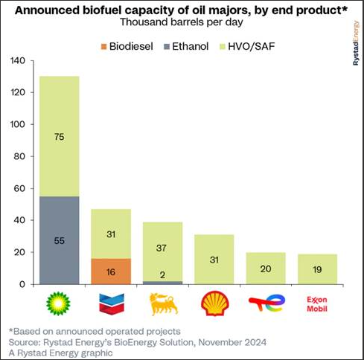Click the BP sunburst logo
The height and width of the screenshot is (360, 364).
(x=58, y=303)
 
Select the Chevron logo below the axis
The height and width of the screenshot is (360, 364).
(x=112, y=303)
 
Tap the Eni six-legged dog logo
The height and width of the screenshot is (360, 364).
(x=164, y=304)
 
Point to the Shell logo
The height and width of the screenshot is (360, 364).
(x=215, y=303)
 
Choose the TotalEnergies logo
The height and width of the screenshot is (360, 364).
(x=267, y=303)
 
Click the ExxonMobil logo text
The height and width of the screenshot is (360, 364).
(x=317, y=304)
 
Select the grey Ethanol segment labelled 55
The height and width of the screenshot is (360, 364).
(x=60, y=240)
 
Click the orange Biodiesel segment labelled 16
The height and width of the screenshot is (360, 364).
(x=111, y=271)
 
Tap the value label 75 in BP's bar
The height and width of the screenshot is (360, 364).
(x=60, y=137)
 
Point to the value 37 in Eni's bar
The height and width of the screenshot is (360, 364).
(x=162, y=248)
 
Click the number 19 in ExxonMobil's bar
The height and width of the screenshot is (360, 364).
(x=317, y=269)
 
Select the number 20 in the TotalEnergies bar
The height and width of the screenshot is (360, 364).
(x=266, y=269)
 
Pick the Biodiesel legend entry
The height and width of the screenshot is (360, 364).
(x=127, y=46)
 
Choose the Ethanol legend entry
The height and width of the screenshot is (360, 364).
(x=186, y=46)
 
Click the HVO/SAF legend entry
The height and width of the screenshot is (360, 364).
(x=247, y=46)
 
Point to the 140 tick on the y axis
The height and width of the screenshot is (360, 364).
(x=18, y=60)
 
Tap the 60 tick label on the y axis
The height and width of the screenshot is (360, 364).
(x=19, y=188)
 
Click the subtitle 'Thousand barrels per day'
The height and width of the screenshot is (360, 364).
(x=182, y=22)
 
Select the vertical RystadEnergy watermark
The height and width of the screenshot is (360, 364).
(x=356, y=43)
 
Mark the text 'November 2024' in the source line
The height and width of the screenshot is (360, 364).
(x=232, y=342)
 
